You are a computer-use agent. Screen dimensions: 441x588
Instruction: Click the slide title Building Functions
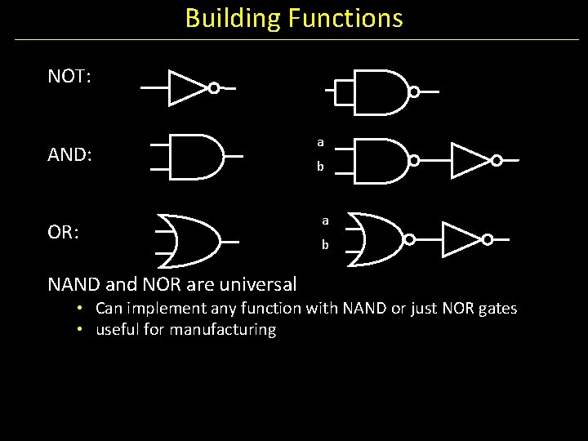pyautogui.click(x=294, y=18)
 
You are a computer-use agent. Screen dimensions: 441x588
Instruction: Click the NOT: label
pyautogui.click(x=69, y=78)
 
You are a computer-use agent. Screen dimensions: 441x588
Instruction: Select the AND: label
pyautogui.click(x=69, y=155)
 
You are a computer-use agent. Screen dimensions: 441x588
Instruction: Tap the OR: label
pyautogui.click(x=64, y=233)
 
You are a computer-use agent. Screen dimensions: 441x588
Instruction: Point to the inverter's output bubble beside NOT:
pyautogui.click(x=213, y=88)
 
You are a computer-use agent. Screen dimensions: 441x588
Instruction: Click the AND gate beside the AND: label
pyautogui.click(x=196, y=155)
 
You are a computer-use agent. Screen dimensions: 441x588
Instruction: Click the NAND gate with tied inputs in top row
pyautogui.click(x=381, y=91)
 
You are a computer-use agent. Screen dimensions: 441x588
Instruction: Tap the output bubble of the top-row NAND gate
pyautogui.click(x=413, y=92)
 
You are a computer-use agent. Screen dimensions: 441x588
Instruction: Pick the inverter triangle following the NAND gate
pyautogui.click(x=469, y=160)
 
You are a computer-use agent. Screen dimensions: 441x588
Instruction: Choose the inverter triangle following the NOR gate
pyautogui.click(x=461, y=238)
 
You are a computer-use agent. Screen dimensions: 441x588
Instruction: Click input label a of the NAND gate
pyautogui.click(x=320, y=143)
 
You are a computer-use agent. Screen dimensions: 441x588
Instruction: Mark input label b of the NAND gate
pyautogui.click(x=320, y=167)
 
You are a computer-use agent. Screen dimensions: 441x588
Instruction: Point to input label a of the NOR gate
pyautogui.click(x=324, y=220)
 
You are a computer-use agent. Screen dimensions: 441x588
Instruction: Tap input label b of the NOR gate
pyautogui.click(x=324, y=245)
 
